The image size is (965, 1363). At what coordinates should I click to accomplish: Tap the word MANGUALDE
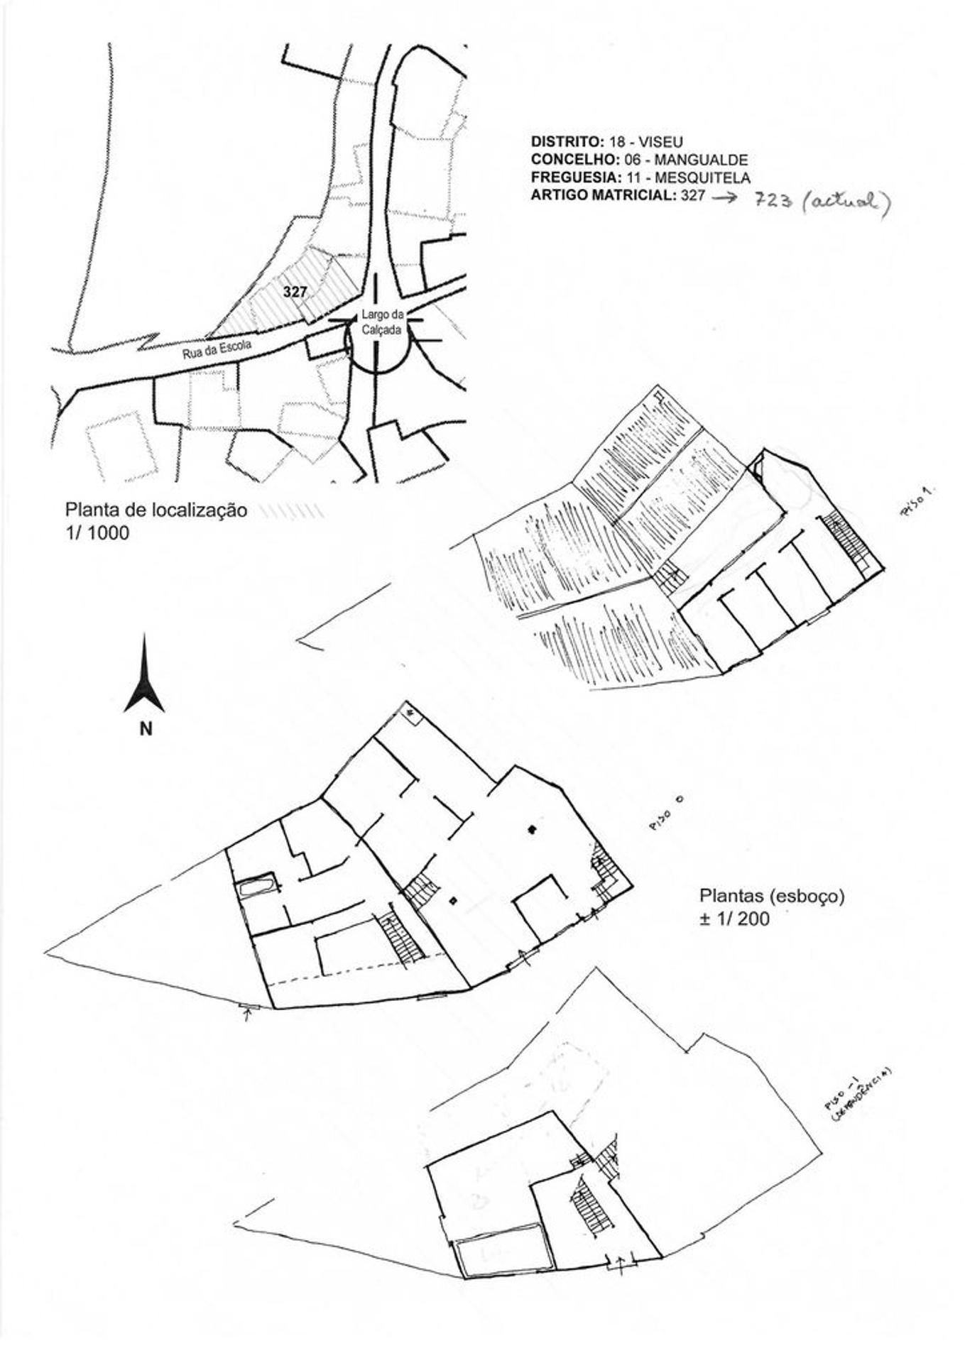coord(711,160)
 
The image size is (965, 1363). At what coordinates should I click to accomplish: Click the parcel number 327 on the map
coord(294,292)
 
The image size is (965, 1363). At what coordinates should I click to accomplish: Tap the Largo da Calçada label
coord(382,322)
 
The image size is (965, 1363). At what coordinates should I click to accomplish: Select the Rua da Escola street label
coord(217,349)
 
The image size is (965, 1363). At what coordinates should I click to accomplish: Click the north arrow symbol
coord(144,675)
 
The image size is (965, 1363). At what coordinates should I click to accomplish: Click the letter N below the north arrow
coord(145,728)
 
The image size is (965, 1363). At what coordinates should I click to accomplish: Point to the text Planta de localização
coord(156,510)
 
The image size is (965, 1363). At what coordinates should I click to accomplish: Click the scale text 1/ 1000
coord(97,532)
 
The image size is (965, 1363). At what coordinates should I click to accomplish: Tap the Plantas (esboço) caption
coord(772,896)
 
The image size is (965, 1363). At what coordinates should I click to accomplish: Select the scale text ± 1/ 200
coord(734,919)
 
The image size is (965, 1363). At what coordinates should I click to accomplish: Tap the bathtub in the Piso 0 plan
coord(256,887)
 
